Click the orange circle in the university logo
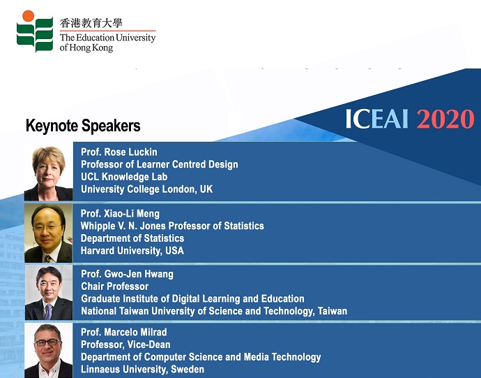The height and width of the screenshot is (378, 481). (28, 16)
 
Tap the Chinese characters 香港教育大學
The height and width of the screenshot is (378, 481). (91, 23)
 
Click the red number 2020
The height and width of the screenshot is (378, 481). (445, 119)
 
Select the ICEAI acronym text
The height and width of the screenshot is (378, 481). (377, 119)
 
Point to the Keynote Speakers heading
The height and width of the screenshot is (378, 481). (83, 126)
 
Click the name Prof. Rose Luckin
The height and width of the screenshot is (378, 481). (119, 152)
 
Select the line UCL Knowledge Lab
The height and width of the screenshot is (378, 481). (124, 177)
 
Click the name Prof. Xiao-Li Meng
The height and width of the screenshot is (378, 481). (120, 213)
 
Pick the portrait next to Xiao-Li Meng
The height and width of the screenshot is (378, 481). (49, 233)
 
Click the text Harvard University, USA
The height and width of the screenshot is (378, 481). (132, 251)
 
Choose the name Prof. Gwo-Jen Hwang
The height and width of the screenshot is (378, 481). (127, 274)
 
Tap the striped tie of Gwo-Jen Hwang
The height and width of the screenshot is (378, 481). (48, 312)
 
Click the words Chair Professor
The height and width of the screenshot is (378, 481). (115, 286)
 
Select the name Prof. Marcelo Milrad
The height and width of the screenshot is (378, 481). (124, 332)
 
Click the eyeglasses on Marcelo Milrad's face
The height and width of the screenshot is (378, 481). (48, 342)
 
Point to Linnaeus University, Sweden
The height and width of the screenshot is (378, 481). (143, 369)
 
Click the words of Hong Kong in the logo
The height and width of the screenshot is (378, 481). (86, 48)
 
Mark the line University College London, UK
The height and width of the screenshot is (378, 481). (146, 189)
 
